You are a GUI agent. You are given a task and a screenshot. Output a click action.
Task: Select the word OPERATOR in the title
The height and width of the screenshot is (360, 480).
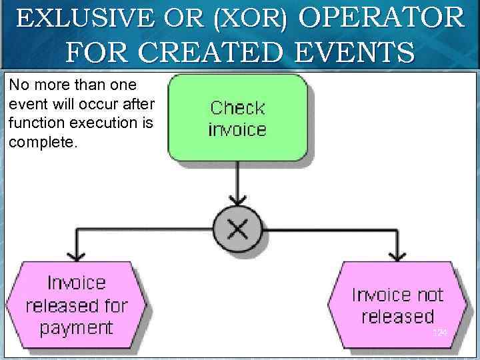[381, 18]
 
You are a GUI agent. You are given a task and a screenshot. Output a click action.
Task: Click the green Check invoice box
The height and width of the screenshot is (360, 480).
[237, 117]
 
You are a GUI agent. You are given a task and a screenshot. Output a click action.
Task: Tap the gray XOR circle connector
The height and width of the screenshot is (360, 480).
[237, 229]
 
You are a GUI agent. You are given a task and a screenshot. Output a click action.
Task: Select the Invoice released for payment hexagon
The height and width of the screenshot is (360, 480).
[76, 305]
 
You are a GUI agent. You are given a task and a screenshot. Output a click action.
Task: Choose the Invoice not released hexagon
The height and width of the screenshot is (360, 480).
[397, 305]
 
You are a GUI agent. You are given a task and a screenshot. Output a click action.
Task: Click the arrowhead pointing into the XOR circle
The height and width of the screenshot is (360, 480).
[237, 201]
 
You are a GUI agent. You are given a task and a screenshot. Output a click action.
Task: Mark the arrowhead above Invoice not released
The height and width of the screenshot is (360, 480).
[398, 255]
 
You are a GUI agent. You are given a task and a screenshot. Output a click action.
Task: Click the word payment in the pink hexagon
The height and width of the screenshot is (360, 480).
[76, 328]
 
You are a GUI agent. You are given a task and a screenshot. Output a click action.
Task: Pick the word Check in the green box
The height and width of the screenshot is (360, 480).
[237, 107]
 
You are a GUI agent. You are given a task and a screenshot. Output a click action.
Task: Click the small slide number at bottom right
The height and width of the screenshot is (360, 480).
[439, 332]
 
